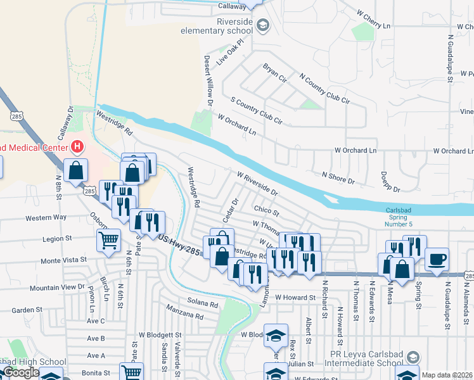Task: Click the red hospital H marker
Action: pos(77,148)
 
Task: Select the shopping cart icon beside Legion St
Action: pos(108,240)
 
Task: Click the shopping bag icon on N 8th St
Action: pos(75,170)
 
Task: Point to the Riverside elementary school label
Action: pos(217,25)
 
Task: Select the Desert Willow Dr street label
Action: pos(207,79)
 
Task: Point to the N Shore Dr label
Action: pos(338,177)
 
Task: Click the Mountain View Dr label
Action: pos(56,287)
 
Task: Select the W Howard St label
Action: pos(295,297)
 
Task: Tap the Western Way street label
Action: pos(46,218)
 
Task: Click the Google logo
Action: pos(21,372)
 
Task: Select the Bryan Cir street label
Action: pos(274,73)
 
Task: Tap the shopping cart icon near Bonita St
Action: pos(131,373)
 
